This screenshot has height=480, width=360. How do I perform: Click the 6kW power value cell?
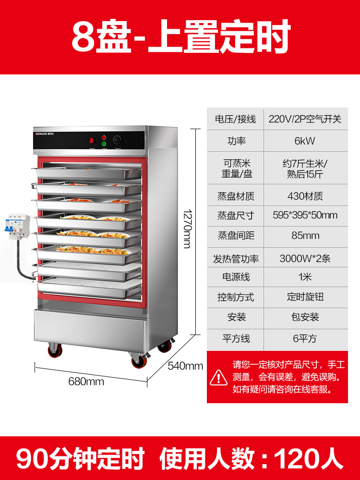click(x=305, y=141)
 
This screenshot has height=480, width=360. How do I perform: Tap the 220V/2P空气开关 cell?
click(x=305, y=119)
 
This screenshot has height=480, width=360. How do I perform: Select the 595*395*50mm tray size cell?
click(x=305, y=215)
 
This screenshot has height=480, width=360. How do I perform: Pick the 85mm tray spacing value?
click(x=305, y=236)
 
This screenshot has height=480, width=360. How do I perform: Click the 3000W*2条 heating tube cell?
click(x=305, y=259)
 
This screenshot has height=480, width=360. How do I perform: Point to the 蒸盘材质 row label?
click(x=235, y=196)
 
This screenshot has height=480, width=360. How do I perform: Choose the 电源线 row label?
click(x=235, y=277)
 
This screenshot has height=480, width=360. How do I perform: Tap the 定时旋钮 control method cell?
click(x=305, y=297)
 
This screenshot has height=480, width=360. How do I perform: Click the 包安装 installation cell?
click(x=305, y=317)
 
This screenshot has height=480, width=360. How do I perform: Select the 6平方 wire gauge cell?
click(x=305, y=338)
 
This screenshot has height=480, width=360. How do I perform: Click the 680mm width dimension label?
click(x=86, y=382)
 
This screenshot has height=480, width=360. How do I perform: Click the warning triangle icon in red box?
click(x=219, y=377)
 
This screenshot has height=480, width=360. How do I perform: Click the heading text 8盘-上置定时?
click(x=181, y=37)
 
